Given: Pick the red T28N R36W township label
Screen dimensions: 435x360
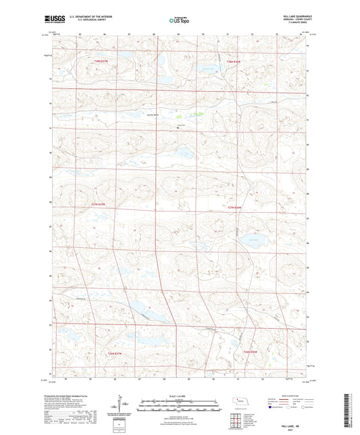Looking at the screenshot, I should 234,61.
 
